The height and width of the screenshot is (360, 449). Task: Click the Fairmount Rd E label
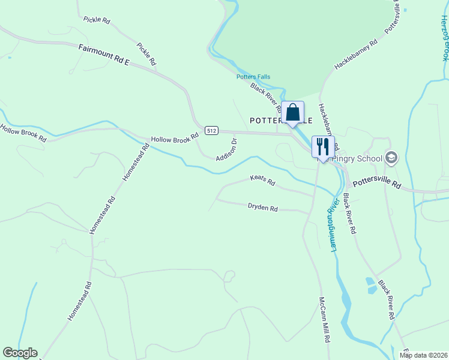tap(104, 54)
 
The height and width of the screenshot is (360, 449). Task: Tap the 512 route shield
tap(211, 130)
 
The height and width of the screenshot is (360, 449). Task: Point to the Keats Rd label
tap(262, 180)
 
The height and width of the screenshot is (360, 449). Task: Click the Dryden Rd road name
tap(263, 208)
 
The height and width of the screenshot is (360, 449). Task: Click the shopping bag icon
tap(293, 112)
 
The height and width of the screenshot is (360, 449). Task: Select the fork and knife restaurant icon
tap(323, 146)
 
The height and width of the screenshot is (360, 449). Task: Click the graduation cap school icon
tap(391, 158)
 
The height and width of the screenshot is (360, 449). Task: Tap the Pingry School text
tap(358, 159)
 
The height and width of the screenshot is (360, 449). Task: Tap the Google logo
tap(20, 353)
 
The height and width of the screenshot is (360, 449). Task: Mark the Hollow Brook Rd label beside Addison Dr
tap(175, 139)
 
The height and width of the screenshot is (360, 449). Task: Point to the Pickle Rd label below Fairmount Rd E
tap(146, 54)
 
